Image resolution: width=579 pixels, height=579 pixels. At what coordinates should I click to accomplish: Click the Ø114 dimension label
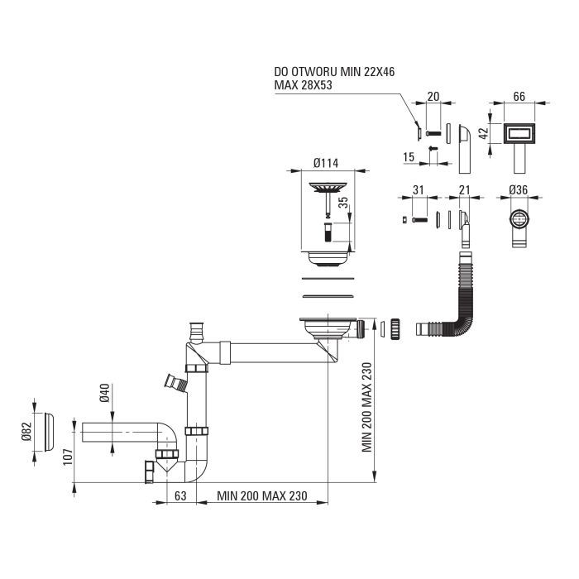pyautogui.click(x=326, y=163)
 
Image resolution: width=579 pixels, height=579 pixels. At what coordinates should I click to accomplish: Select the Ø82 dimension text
pyautogui.click(x=26, y=431)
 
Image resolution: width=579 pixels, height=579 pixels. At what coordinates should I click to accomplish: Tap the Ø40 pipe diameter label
pyautogui.click(x=105, y=393)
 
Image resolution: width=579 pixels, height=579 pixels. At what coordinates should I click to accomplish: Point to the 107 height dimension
pyautogui.click(x=68, y=457)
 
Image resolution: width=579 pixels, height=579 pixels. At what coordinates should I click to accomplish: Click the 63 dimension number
pyautogui.click(x=180, y=496)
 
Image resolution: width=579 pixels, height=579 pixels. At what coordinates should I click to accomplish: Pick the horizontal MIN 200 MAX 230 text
pyautogui.click(x=262, y=496)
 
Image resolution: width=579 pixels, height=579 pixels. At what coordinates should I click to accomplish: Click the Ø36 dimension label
pyautogui.click(x=518, y=189)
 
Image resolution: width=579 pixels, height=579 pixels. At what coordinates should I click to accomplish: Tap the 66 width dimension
pyautogui.click(x=519, y=97)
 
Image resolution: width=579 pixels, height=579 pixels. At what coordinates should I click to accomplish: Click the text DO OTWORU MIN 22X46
pyautogui.click(x=334, y=72)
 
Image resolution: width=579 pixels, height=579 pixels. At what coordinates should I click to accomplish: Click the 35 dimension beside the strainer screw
pyautogui.click(x=343, y=203)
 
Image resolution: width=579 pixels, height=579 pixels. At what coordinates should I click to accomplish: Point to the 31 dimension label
pyautogui.click(x=418, y=190)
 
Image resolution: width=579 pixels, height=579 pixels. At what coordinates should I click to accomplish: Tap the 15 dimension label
pyautogui.click(x=409, y=157)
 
